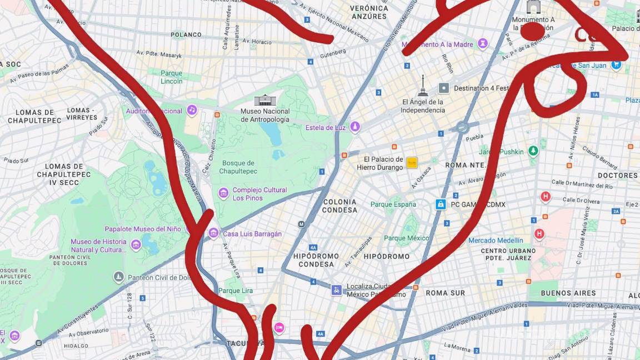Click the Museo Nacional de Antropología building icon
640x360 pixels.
[265, 100]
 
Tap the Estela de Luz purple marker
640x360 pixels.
[355, 127]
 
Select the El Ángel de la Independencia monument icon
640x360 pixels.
[423, 86]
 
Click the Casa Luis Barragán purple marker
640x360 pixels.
[213, 233]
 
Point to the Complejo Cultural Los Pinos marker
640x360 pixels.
[223, 193]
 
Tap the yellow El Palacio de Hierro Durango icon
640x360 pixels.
[412, 162]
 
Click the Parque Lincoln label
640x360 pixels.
[171, 77]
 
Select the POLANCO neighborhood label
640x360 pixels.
[186, 34]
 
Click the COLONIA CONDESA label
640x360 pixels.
[339, 206]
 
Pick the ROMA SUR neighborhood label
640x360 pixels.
[445, 293]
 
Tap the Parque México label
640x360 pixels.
[407, 238]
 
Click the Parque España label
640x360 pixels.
[393, 204]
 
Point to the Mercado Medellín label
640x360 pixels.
[496, 241]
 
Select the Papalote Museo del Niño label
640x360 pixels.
[143, 229]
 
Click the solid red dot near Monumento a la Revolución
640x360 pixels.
[532, 32]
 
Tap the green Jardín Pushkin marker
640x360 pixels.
[533, 151]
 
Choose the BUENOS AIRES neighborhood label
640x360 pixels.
[568, 293]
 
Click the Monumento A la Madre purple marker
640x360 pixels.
[483, 43]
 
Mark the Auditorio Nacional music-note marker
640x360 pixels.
[192, 110]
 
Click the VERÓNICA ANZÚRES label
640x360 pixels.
[369, 12]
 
